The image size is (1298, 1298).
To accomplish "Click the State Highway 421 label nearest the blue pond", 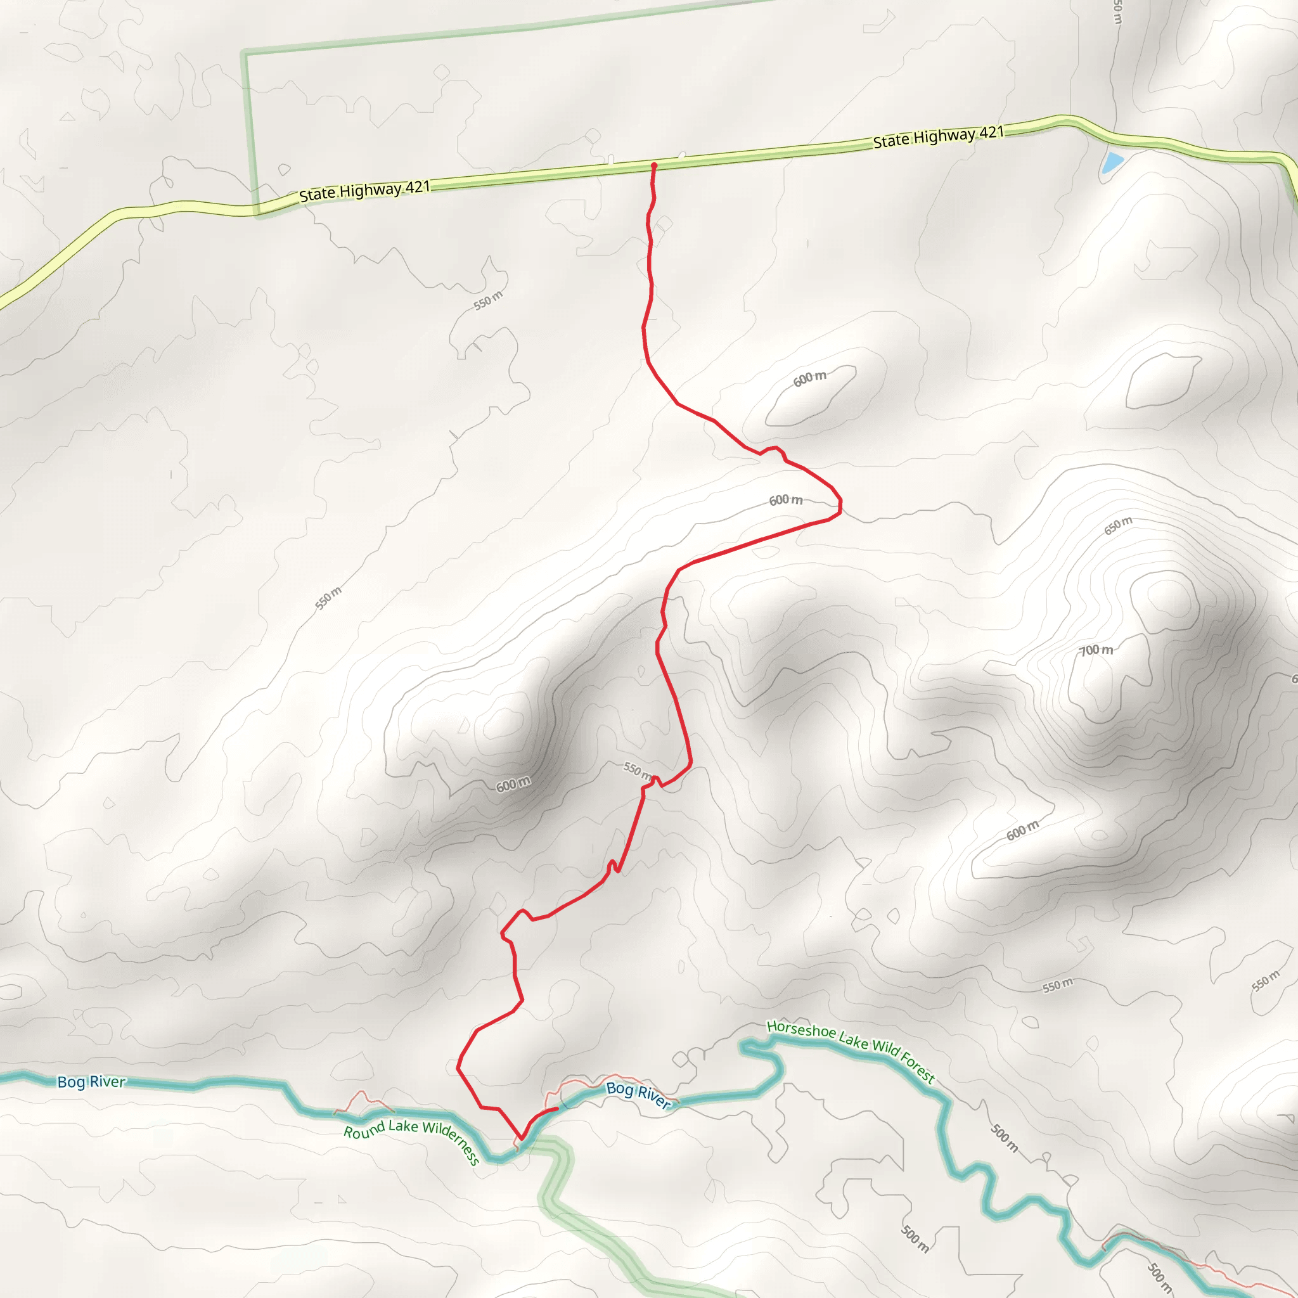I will click(x=938, y=136).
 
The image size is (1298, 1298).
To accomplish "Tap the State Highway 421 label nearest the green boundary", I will click(x=364, y=191).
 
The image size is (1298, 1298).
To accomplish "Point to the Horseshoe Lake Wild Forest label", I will click(x=851, y=1051).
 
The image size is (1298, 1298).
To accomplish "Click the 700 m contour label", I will click(x=1096, y=650).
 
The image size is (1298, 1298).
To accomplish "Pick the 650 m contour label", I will click(x=1118, y=525).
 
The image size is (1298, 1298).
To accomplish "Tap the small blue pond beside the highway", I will click(x=1112, y=161).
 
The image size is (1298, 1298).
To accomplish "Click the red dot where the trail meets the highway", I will click(x=653, y=165).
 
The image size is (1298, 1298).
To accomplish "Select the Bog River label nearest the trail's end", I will click(x=638, y=1096).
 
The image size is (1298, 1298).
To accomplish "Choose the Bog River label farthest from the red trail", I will click(x=91, y=1083).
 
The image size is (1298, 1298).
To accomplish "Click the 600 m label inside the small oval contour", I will click(x=809, y=378).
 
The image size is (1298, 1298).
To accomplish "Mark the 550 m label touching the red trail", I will click(x=637, y=769).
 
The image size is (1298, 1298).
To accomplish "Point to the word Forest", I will click(x=918, y=1067).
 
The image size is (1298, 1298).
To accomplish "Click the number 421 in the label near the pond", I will click(x=991, y=132).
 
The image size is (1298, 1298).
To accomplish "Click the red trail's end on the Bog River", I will click(x=557, y=1109).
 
